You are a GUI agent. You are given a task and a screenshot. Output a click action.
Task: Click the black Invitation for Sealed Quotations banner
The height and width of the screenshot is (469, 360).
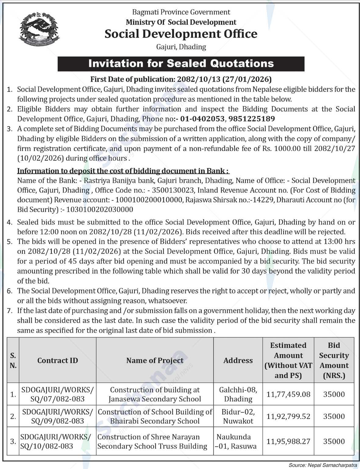click(x=181, y=64)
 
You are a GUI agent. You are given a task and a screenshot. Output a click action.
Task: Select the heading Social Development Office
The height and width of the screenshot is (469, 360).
click(x=181, y=34)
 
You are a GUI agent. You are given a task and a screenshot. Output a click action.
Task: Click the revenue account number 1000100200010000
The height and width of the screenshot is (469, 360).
click(x=149, y=200)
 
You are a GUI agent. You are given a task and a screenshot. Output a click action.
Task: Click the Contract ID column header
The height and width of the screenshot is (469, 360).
click(x=58, y=361)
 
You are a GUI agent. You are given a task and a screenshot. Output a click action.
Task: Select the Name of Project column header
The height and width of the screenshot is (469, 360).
click(x=155, y=361)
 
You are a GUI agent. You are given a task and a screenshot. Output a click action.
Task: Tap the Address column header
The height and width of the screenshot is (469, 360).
click(x=238, y=361)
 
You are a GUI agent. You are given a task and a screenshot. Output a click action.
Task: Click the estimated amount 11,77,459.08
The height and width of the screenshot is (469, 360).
click(x=288, y=394)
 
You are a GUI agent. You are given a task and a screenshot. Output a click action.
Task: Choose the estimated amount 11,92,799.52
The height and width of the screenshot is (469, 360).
click(x=288, y=416)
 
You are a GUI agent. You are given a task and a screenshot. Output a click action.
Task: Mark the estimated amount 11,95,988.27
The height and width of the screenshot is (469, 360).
click(x=288, y=441)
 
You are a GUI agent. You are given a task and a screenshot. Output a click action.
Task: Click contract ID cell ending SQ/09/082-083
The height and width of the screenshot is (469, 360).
click(x=58, y=416)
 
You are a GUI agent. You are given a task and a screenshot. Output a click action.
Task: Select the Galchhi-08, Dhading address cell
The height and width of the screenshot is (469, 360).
click(x=238, y=394)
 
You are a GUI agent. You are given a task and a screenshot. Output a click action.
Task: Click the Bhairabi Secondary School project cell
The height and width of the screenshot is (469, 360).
click(x=155, y=416)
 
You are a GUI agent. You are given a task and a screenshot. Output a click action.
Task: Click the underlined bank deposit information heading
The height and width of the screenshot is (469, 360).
click(x=123, y=171)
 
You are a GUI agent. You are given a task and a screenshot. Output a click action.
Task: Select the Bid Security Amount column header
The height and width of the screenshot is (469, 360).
click(x=334, y=361)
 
